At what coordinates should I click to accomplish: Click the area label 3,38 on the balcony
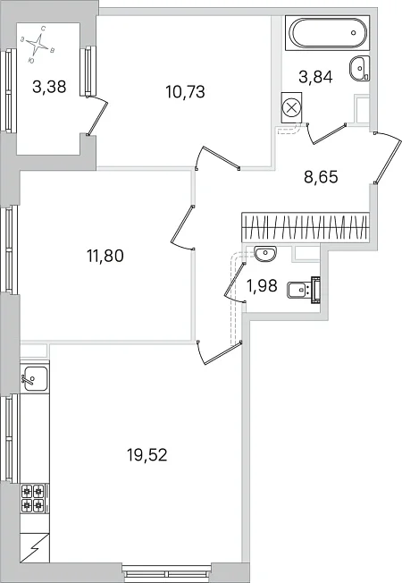point(49,87)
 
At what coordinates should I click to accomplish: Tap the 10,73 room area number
point(186,92)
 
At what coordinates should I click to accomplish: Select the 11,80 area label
point(105,256)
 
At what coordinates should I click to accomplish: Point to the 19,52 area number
point(147,454)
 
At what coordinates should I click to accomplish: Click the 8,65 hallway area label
point(321,177)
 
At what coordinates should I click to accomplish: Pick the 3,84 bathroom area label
point(315,77)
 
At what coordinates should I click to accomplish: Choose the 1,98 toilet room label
point(262,285)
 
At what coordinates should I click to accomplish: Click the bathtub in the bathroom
point(327,33)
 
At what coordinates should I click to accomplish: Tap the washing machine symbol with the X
point(291,108)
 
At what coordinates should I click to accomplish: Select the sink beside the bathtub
point(359,68)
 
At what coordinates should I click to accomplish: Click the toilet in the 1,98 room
point(304,290)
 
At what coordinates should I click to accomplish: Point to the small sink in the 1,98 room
point(265,254)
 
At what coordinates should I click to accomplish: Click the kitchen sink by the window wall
point(36,378)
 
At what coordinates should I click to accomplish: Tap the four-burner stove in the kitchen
point(33,498)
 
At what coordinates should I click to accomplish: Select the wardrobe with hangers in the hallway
point(306,227)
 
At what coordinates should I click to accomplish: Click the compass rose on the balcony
point(38,44)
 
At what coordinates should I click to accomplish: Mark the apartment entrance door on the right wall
point(388,157)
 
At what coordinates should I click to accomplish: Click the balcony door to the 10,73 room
point(97,114)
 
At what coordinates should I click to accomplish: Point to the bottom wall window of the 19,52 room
point(165,570)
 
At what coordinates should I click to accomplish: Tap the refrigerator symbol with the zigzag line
point(35,547)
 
